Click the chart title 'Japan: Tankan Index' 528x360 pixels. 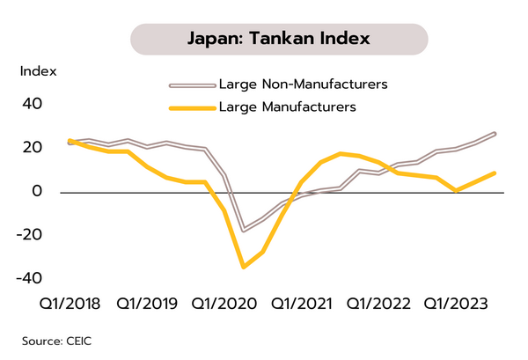point(278,40)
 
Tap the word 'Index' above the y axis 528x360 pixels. point(38,70)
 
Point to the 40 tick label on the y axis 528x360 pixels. point(32,104)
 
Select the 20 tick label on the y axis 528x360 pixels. point(32,147)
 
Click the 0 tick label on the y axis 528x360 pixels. point(38,191)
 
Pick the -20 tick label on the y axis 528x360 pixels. point(29,234)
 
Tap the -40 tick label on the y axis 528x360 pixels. point(29,277)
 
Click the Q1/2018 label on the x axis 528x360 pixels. point(70,305)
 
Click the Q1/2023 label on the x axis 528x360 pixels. point(455,305)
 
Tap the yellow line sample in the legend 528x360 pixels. point(192,108)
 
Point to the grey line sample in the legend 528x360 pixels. point(192,85)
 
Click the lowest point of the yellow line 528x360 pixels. point(243,267)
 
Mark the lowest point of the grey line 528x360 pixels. point(244,231)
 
